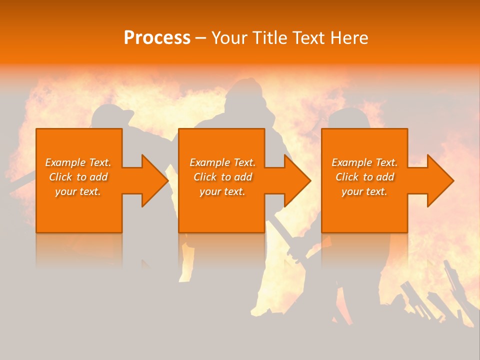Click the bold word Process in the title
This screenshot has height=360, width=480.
pos(157,38)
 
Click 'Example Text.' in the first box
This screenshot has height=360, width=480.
pos(78,162)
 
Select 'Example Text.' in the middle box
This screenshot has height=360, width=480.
pos(222,162)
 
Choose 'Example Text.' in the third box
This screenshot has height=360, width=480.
pos(364,162)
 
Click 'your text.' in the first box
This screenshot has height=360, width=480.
pos(78,191)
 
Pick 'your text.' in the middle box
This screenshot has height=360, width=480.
pos(222,191)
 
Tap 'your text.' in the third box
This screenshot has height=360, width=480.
pos(364,191)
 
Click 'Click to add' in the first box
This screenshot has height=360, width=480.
pos(78,177)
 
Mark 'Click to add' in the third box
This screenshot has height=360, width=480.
pos(364,177)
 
